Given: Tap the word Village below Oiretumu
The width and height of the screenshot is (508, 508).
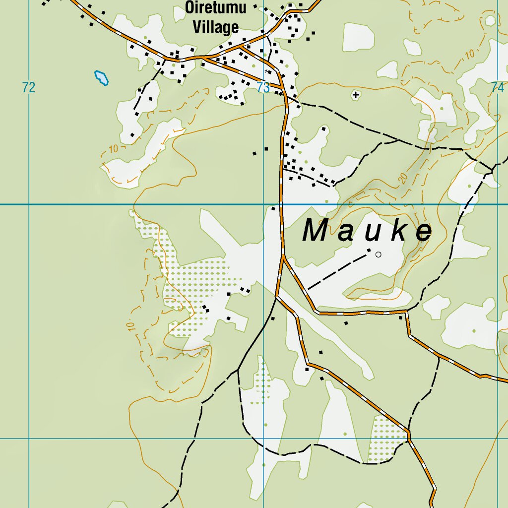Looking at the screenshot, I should pyautogui.click(x=216, y=27).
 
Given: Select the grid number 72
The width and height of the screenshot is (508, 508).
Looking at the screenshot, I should pyautogui.click(x=29, y=88).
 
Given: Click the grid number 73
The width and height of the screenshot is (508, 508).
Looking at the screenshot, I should pyautogui.click(x=263, y=88).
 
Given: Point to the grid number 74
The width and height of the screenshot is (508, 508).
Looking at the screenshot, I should pyautogui.click(x=497, y=88).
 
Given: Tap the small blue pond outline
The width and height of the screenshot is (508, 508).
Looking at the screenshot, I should pyautogui.click(x=102, y=78).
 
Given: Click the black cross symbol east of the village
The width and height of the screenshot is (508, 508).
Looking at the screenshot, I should pyautogui.click(x=355, y=94).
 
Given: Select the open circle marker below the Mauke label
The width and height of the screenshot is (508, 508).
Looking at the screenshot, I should pyautogui.click(x=379, y=254).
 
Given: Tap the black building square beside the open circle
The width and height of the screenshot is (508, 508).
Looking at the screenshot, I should pyautogui.click(x=369, y=250).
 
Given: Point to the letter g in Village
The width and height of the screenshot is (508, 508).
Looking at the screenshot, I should pyautogui.click(x=226, y=29).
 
